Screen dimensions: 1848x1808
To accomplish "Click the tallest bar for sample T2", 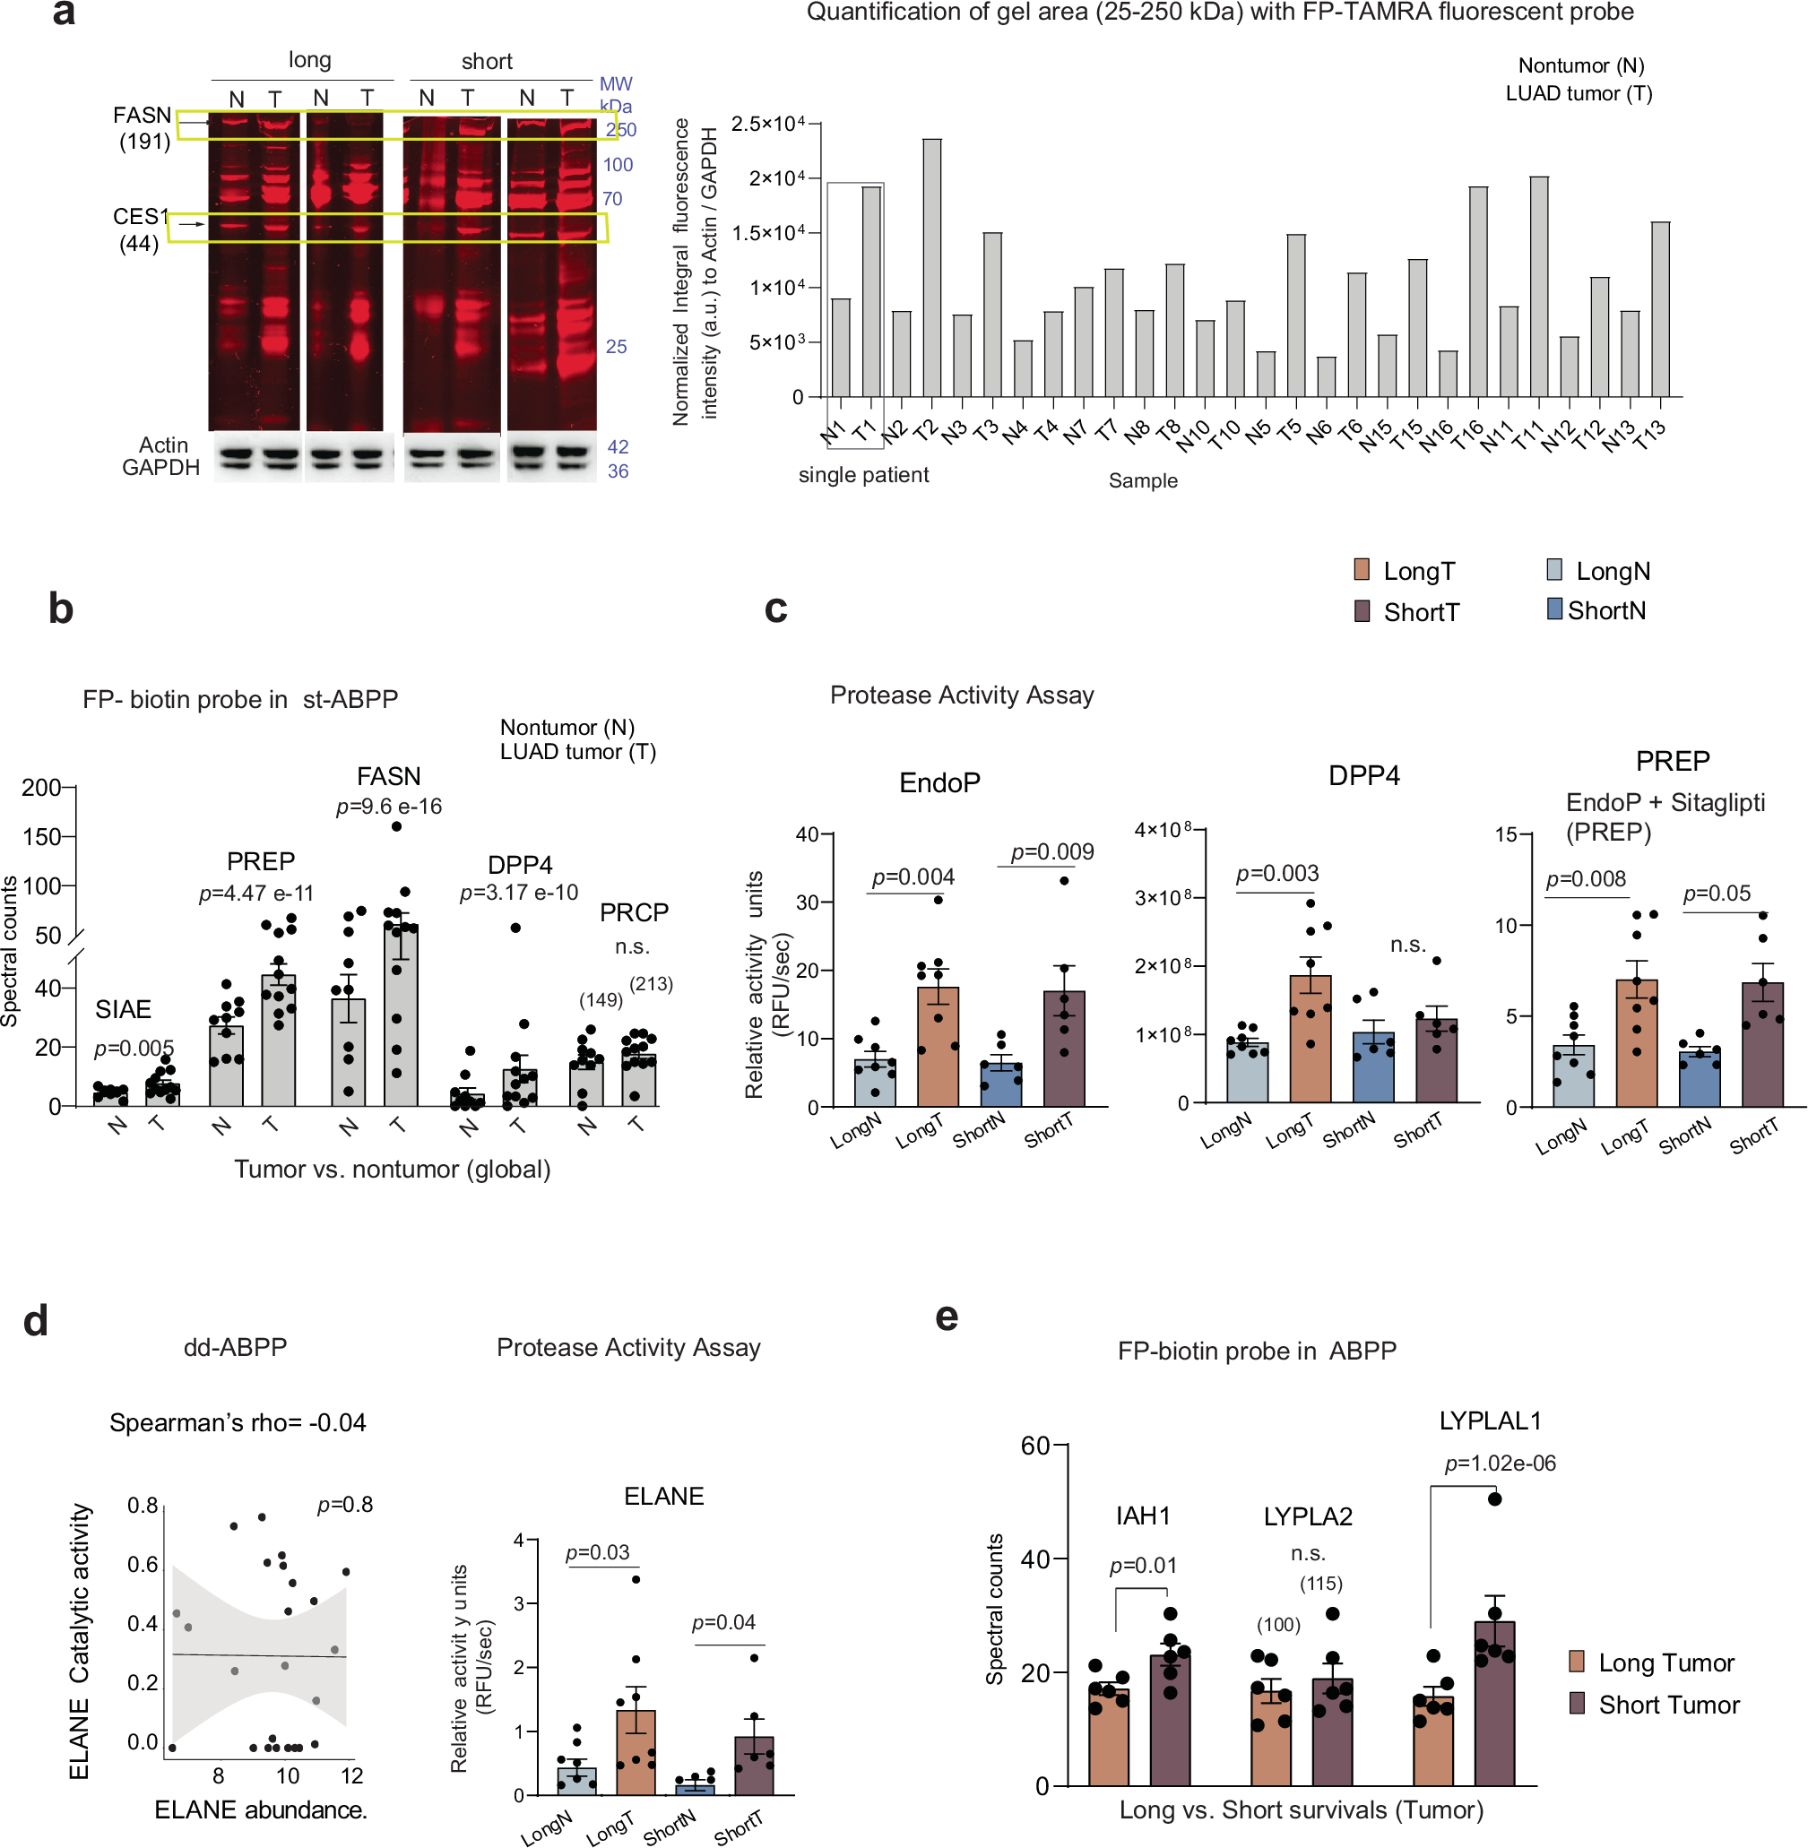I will pyautogui.click(x=931, y=268).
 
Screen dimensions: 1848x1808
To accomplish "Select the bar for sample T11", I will pyautogui.click(x=1538, y=287).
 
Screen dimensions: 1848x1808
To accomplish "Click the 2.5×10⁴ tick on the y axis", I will pyautogui.click(x=766, y=124).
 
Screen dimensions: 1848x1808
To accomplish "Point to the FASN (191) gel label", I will pyautogui.click(x=143, y=128).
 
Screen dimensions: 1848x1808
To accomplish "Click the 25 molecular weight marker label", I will pyautogui.click(x=617, y=347).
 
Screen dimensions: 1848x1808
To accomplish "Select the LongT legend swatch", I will pyautogui.click(x=1362, y=570).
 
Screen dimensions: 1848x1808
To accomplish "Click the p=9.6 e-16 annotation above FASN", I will pyautogui.click(x=388, y=807).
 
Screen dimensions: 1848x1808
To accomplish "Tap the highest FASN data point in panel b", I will pyautogui.click(x=397, y=826).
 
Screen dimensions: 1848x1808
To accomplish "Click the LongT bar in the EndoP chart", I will pyautogui.click(x=938, y=1047).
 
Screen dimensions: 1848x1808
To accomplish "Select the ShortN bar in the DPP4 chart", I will pyautogui.click(x=1373, y=1067).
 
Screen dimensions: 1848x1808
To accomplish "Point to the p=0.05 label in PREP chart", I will pyautogui.click(x=1716, y=893).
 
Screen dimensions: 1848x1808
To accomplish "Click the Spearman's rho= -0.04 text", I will pyautogui.click(x=238, y=1422).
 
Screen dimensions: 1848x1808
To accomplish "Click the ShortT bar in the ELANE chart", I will pyautogui.click(x=754, y=1766).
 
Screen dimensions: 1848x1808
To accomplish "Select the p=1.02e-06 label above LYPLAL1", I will pyautogui.click(x=1500, y=1464).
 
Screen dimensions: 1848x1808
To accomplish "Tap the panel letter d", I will pyautogui.click(x=36, y=1320).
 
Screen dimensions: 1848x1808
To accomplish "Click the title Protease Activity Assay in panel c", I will pyautogui.click(x=961, y=695).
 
